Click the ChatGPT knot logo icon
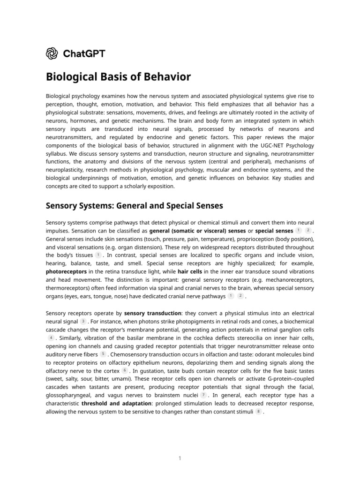[52, 53]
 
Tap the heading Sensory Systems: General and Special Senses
[134, 206]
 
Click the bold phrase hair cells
[190, 271]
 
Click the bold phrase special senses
[274, 231]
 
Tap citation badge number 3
[83, 321]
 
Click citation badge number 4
[51, 337]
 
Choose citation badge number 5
[103, 354]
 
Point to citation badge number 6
[125, 370]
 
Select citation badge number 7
[203, 395]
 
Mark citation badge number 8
[258, 412]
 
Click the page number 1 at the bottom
[180, 458]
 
